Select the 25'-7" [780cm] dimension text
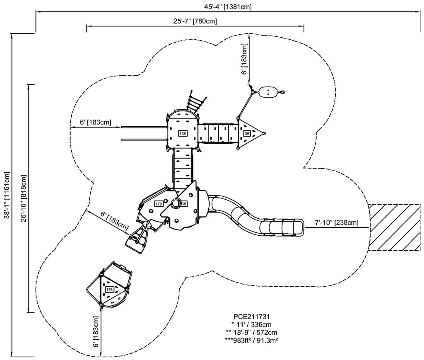pos(195,21)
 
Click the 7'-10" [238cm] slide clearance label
pos(336,223)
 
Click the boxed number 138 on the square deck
pos(182,133)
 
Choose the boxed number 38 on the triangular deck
pos(247,133)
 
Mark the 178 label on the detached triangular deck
pos(109,290)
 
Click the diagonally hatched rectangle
pos(395,227)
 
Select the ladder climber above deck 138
pos(195,101)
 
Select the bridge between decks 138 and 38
pos(218,133)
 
